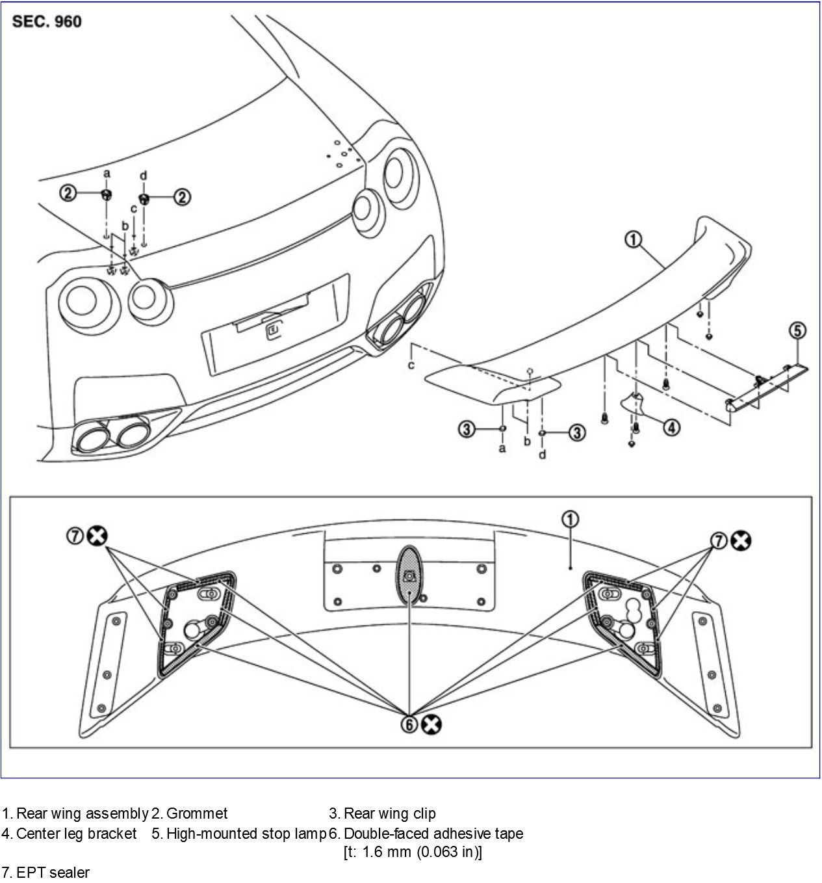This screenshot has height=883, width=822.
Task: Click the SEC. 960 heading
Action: (47, 21)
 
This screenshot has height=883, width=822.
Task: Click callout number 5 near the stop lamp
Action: (798, 330)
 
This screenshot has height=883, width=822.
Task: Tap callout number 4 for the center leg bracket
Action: (671, 427)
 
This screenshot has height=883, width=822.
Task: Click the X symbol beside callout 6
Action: (430, 725)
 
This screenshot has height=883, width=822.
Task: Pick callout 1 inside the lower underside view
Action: (570, 519)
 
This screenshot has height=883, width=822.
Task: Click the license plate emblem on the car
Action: (274, 332)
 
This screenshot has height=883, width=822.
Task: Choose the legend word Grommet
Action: (197, 813)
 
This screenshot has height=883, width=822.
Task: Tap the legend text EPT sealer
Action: (53, 872)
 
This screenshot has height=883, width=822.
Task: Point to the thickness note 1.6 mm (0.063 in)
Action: (413, 852)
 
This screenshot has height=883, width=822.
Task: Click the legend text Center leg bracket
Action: (76, 834)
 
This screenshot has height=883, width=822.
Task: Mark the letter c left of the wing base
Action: (411, 365)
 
